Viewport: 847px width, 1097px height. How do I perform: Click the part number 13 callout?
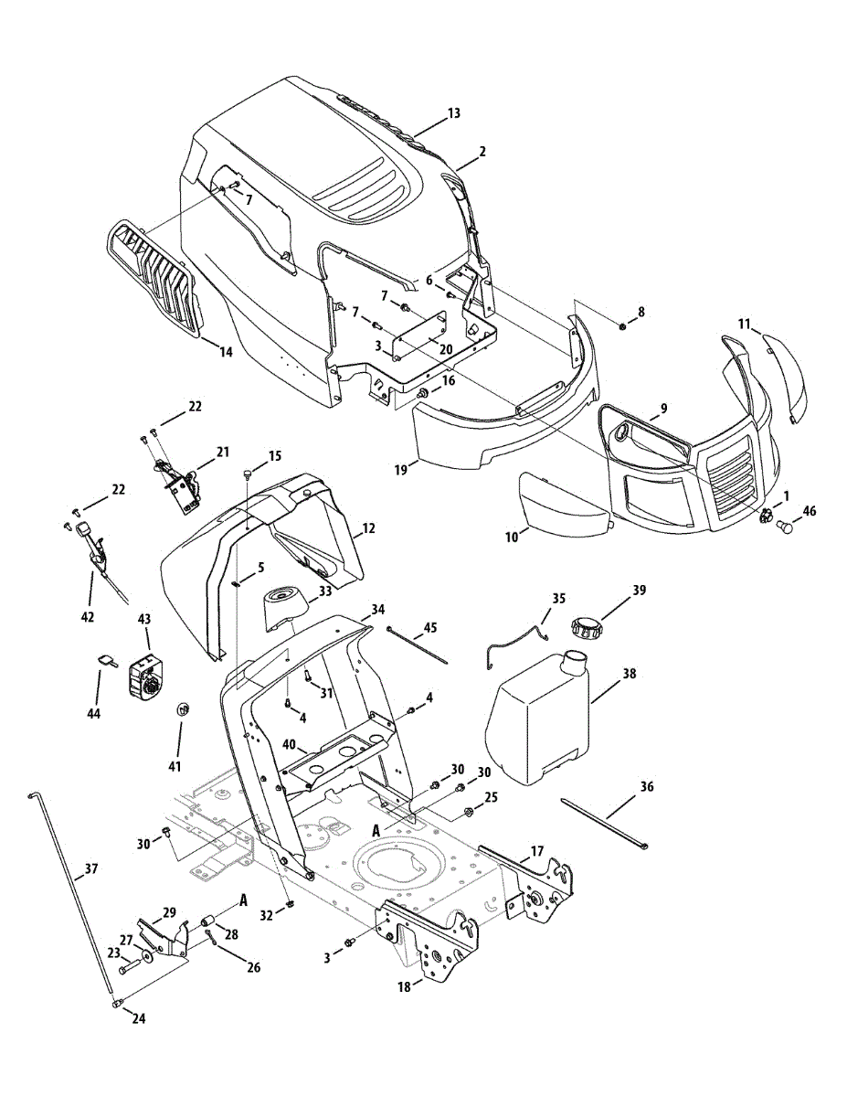[454, 113]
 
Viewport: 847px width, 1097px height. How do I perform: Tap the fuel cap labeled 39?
[585, 629]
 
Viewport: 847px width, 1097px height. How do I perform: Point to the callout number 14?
[226, 351]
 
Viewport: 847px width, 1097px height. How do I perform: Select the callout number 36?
[647, 786]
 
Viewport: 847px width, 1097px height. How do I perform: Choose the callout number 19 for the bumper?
[400, 469]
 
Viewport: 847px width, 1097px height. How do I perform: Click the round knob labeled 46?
[784, 527]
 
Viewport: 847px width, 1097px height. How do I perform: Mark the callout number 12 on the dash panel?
[368, 528]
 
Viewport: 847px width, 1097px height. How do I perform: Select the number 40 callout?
[289, 746]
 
